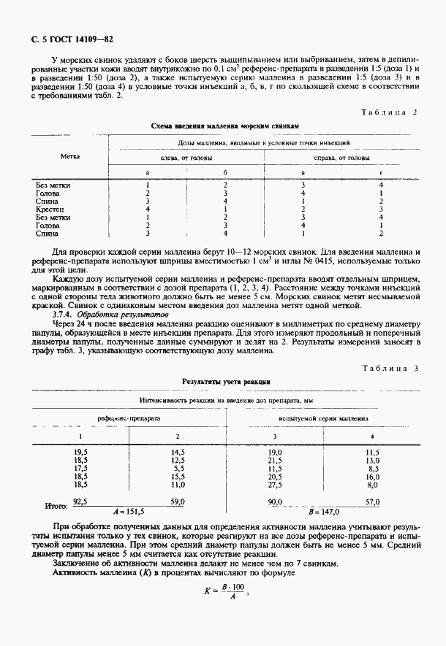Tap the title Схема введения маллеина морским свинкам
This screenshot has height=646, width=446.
click(225, 126)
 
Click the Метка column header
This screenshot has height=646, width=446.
click(70, 156)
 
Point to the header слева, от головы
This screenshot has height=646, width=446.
click(186, 158)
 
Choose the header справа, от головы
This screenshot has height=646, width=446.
click(341, 158)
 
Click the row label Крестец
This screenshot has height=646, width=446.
click(48, 209)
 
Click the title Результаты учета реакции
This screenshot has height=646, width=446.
click(226, 382)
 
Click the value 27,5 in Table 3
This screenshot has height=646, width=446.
click(275, 485)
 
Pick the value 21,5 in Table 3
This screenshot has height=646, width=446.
click(275, 461)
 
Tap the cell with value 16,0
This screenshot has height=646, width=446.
click(372, 477)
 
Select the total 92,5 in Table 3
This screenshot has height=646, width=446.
click(80, 502)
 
